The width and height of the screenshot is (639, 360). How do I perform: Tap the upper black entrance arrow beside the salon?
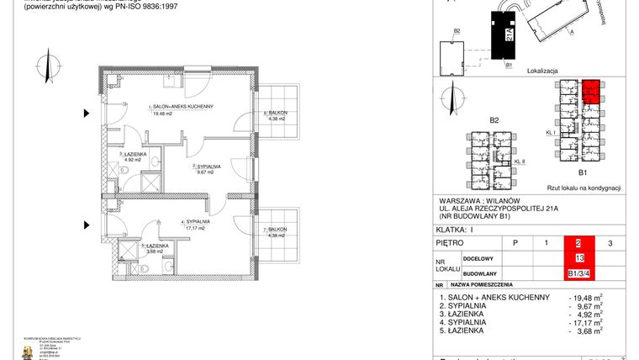[x=85, y=113]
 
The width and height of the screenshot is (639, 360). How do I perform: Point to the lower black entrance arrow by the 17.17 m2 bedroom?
[x=85, y=225]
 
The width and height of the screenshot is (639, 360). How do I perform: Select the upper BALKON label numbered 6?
[x=276, y=113]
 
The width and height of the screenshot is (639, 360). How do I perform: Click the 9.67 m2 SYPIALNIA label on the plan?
[x=206, y=167]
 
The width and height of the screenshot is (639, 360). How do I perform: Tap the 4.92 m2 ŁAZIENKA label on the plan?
[x=135, y=155]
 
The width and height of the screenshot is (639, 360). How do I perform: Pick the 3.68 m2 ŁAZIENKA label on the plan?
[x=156, y=246]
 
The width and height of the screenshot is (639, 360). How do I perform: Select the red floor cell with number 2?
[x=578, y=243]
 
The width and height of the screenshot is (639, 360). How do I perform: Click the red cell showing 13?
[x=578, y=258]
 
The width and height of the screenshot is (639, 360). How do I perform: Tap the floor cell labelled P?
[x=515, y=243]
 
